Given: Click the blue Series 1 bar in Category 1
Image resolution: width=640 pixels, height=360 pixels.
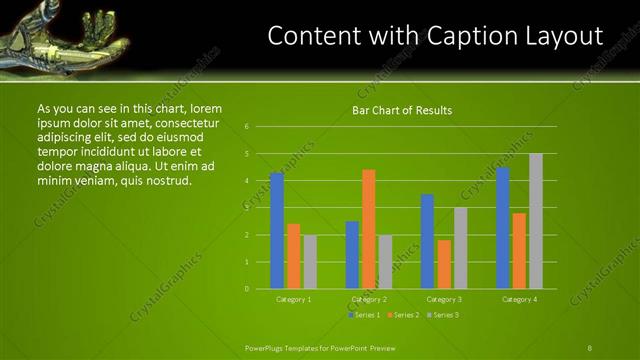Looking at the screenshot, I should (x=277, y=231).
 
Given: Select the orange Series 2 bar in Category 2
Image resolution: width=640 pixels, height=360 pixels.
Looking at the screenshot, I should (x=369, y=229).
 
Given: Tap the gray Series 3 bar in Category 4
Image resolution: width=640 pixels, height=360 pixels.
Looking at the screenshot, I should (x=536, y=221).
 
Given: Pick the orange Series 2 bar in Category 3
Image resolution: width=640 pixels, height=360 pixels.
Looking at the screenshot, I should (x=444, y=264).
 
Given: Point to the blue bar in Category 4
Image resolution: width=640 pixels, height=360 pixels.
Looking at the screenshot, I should (x=503, y=228).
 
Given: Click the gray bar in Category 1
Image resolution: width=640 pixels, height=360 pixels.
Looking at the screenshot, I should (x=310, y=262).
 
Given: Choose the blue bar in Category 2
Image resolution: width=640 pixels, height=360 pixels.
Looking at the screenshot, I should (x=352, y=255).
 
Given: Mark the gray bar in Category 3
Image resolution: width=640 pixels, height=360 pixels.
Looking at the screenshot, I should (x=460, y=248).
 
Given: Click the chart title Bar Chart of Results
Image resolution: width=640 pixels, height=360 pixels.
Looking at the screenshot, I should (x=402, y=110).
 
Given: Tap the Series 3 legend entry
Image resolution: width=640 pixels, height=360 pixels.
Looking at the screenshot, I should (x=443, y=315).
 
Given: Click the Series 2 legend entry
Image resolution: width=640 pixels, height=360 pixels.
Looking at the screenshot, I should (x=404, y=315).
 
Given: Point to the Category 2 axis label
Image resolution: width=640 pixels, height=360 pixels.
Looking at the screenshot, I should (x=369, y=299).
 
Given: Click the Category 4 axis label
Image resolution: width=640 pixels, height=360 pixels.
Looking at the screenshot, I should (x=519, y=299).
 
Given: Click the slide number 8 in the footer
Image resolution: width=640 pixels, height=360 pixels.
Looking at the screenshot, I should (x=589, y=347).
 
